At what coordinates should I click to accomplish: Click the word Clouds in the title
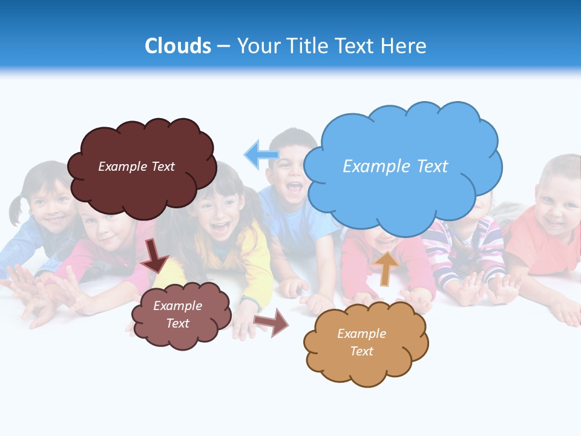pos(177,46)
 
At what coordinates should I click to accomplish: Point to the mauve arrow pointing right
pos(272,323)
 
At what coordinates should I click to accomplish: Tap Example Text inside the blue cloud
pos(395,167)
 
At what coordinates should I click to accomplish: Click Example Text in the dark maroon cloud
pos(136,167)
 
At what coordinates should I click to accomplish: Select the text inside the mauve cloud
pos(177,314)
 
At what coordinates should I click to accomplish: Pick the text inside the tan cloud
pos(361,342)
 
